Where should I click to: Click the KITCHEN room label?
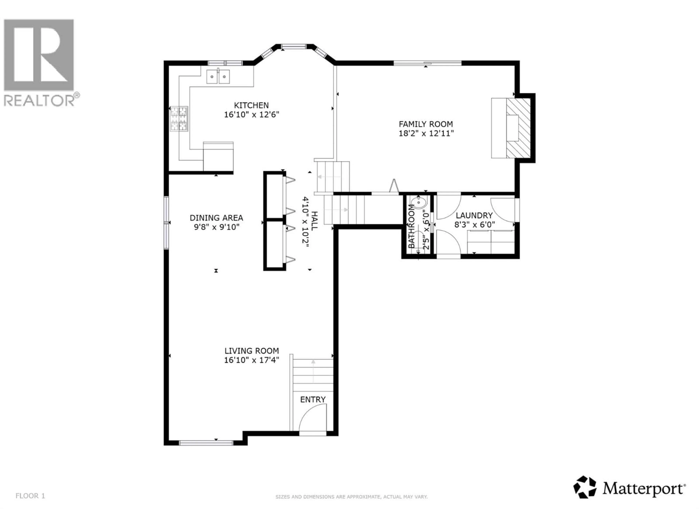click(x=251, y=105)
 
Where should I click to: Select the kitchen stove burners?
click(x=179, y=118)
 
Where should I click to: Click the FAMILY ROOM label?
click(x=426, y=124)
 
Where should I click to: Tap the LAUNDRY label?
click(x=474, y=215)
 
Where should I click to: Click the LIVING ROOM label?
click(x=252, y=351)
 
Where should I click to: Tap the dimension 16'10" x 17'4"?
click(x=252, y=360)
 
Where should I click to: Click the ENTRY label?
click(x=313, y=400)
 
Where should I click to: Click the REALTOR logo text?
click(x=40, y=100)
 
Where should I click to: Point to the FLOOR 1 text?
click(x=30, y=496)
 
